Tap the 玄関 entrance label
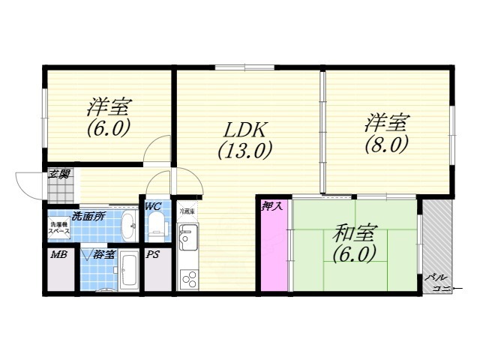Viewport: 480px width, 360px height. [x=59, y=175]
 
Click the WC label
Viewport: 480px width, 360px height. [x=153, y=205]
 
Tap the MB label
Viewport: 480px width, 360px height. [x=58, y=256]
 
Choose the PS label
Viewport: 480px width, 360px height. [x=152, y=255]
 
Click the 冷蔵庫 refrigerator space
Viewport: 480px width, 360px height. [x=187, y=211]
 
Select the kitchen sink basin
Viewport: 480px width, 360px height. [x=187, y=237]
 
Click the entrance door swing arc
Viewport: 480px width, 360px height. [x=28, y=184]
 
